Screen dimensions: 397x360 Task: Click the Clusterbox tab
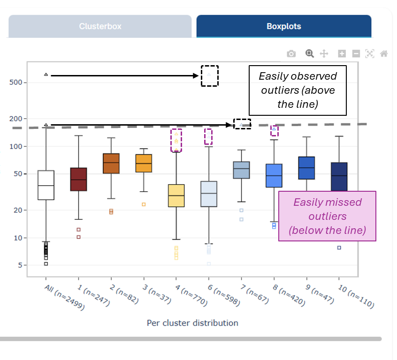pyautogui.click(x=100, y=26)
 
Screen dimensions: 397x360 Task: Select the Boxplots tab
pyautogui.click(x=284, y=26)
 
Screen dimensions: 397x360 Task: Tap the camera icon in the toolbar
pyautogui.click(x=291, y=53)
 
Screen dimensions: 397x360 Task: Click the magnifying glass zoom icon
pyautogui.click(x=309, y=53)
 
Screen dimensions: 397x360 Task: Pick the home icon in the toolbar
pyautogui.click(x=384, y=53)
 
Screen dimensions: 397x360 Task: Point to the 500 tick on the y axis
pyautogui.click(x=15, y=82)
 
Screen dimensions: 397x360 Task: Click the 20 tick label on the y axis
pyautogui.click(x=18, y=210)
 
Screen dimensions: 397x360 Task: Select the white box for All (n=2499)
pyautogui.click(x=46, y=185)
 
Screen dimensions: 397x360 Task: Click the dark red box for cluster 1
pyautogui.click(x=78, y=179)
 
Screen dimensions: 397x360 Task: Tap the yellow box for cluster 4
pyautogui.click(x=176, y=195)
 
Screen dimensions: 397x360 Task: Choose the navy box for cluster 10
pyautogui.click(x=339, y=177)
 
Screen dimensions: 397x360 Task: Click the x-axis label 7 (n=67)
pyautogui.click(x=254, y=294)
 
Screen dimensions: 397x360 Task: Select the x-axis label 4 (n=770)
pyautogui.click(x=191, y=295)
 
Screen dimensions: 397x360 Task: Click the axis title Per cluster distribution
pyautogui.click(x=192, y=323)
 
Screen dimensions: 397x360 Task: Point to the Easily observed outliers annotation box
pyautogui.click(x=298, y=90)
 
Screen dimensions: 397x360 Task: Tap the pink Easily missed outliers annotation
pyautogui.click(x=327, y=216)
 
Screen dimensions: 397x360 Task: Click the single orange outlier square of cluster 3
pyautogui.click(x=144, y=204)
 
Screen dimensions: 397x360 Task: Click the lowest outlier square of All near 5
pyautogui.click(x=46, y=264)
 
